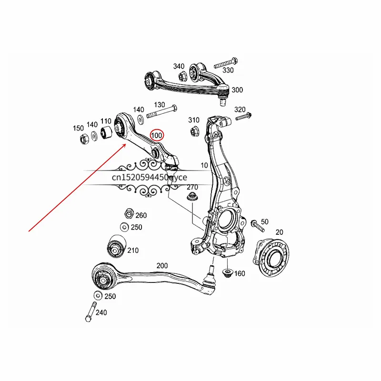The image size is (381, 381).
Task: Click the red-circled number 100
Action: [157, 135]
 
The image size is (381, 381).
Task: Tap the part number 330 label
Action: [228, 70]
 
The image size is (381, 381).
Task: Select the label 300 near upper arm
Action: [237, 90]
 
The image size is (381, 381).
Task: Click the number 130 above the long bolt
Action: [159, 105]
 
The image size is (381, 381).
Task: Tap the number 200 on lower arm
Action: [163, 266]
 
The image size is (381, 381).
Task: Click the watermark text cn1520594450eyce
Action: [150, 177]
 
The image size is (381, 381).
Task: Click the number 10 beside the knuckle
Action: [204, 165]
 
